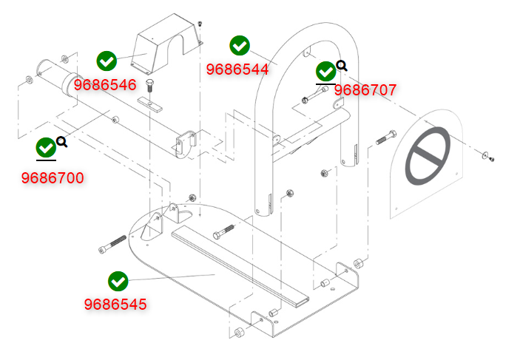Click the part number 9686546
(x=105, y=85)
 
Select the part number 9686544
(x=237, y=69)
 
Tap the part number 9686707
(x=365, y=90)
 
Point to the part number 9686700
(x=53, y=178)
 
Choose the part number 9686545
(x=115, y=305)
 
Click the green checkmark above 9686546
(x=107, y=61)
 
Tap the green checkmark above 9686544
(x=240, y=46)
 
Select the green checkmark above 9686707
(x=325, y=71)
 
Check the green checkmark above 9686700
(x=46, y=148)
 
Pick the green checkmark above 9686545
(x=118, y=282)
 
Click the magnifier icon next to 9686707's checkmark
(x=342, y=66)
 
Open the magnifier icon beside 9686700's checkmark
(x=62, y=142)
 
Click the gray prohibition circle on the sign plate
(x=428, y=156)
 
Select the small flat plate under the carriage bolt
(x=150, y=105)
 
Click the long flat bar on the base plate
(x=240, y=264)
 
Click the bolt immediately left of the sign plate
(x=386, y=137)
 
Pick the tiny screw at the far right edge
(x=491, y=159)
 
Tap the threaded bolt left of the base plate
(x=112, y=245)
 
